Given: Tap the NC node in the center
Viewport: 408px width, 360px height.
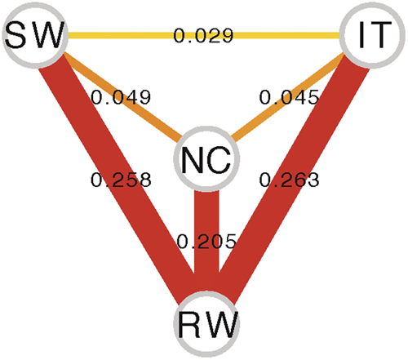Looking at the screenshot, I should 203,159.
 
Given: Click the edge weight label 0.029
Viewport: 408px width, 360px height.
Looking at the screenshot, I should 203,36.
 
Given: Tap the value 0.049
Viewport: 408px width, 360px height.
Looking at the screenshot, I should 122,97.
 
